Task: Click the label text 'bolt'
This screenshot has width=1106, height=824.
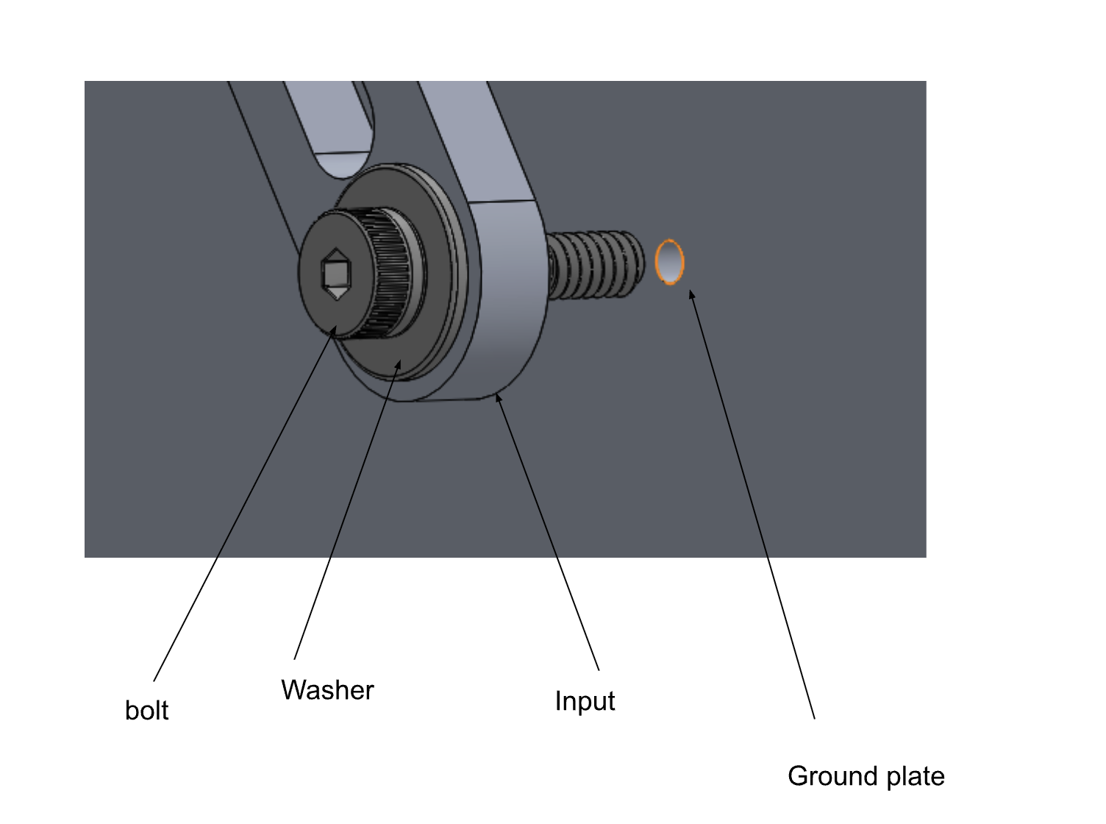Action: (146, 710)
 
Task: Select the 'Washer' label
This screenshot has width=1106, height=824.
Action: (327, 690)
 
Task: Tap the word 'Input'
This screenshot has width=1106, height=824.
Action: (585, 700)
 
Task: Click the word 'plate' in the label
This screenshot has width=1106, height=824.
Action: (915, 777)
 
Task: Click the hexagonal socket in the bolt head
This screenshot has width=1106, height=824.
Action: (336, 274)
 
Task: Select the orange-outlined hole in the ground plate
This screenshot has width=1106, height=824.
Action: (669, 261)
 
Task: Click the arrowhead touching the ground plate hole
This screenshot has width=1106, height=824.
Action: (691, 296)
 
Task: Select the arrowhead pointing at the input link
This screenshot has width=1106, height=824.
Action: (498, 398)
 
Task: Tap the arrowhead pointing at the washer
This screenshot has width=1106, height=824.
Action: (398, 365)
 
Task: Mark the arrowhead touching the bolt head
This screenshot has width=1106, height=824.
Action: (335, 330)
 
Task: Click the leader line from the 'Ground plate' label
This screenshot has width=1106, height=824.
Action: (757, 515)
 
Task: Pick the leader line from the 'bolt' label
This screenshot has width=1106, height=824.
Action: (243, 508)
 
